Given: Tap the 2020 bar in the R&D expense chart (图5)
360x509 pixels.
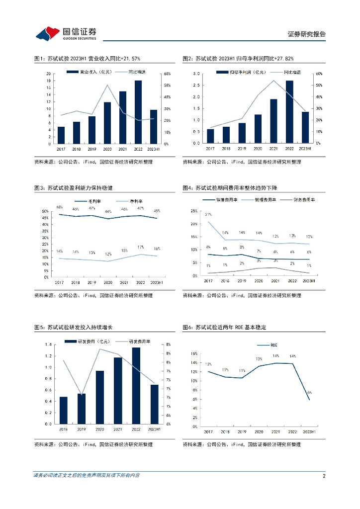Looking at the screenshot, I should (100, 397).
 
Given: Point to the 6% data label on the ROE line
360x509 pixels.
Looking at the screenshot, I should (309, 393).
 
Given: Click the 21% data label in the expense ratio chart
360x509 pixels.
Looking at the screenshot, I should (208, 214).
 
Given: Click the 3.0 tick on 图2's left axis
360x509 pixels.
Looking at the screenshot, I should (196, 74).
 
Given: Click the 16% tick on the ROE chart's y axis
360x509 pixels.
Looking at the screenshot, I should (194, 353).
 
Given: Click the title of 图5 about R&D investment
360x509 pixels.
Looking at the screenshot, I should (73, 327).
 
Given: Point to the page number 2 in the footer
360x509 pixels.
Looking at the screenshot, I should (324, 476).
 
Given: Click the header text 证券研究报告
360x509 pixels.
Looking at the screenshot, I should (307, 34).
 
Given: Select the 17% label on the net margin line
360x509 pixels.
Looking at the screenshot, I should (141, 247).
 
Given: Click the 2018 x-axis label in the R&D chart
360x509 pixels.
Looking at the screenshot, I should (64, 429).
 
